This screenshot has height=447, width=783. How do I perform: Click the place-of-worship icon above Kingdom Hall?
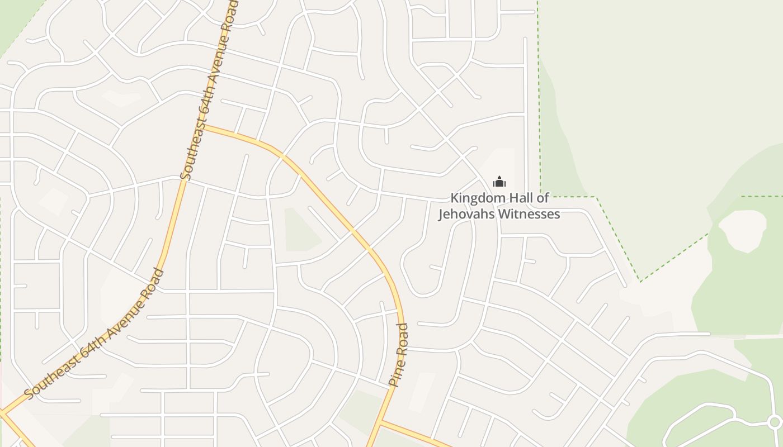click(x=499, y=182)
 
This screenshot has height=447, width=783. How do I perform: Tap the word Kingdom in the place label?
click(x=474, y=198)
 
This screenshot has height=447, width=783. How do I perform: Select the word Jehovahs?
click(x=462, y=215)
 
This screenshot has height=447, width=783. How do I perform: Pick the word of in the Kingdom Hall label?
click(x=543, y=198)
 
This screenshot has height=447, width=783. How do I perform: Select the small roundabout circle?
click(x=775, y=422)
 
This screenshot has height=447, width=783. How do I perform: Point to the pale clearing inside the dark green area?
click(x=743, y=230)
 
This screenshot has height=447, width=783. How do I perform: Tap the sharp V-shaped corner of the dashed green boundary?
click(x=640, y=281)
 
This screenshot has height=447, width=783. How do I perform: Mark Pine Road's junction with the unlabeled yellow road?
click(x=380, y=422)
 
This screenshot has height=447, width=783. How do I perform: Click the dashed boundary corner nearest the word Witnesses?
click(x=541, y=196)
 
